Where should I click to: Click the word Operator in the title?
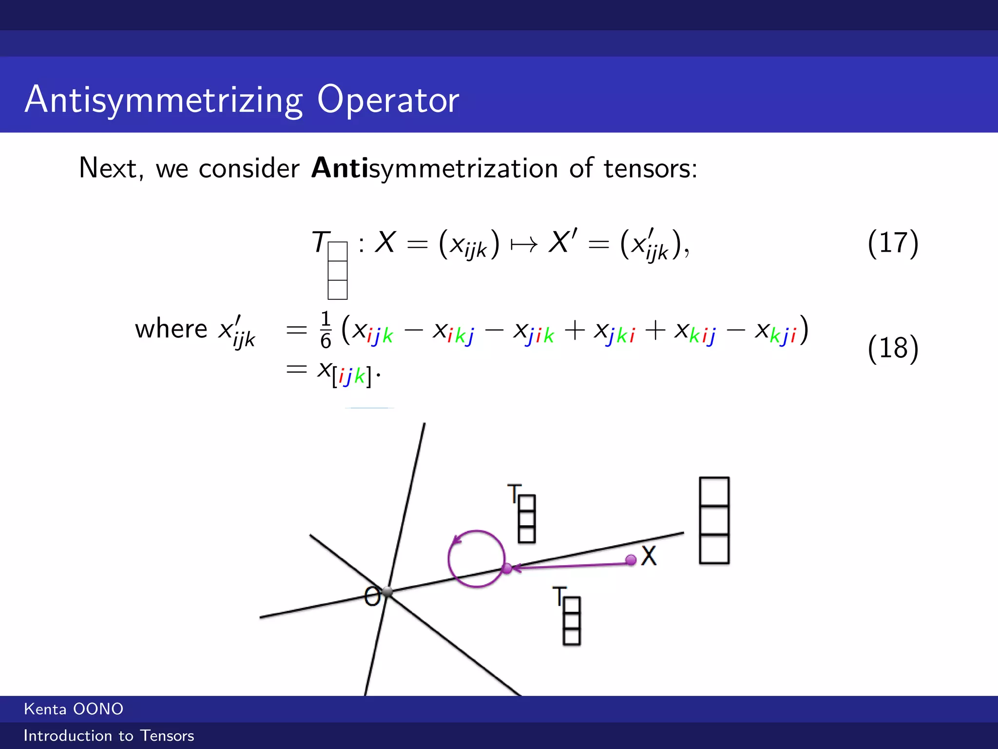tap(388, 99)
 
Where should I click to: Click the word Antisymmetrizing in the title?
tap(164, 99)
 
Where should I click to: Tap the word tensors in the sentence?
tap(650, 168)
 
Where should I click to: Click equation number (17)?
tap(893, 243)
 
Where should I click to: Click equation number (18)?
tap(893, 348)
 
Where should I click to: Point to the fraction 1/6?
tap(326, 330)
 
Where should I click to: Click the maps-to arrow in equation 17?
tap(524, 244)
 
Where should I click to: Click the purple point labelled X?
tap(631, 560)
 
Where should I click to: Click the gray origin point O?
tap(387, 592)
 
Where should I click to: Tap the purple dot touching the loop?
tap(507, 569)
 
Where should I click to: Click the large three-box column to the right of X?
tap(714, 520)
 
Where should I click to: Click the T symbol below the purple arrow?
tap(559, 596)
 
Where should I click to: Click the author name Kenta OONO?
tap(74, 709)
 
